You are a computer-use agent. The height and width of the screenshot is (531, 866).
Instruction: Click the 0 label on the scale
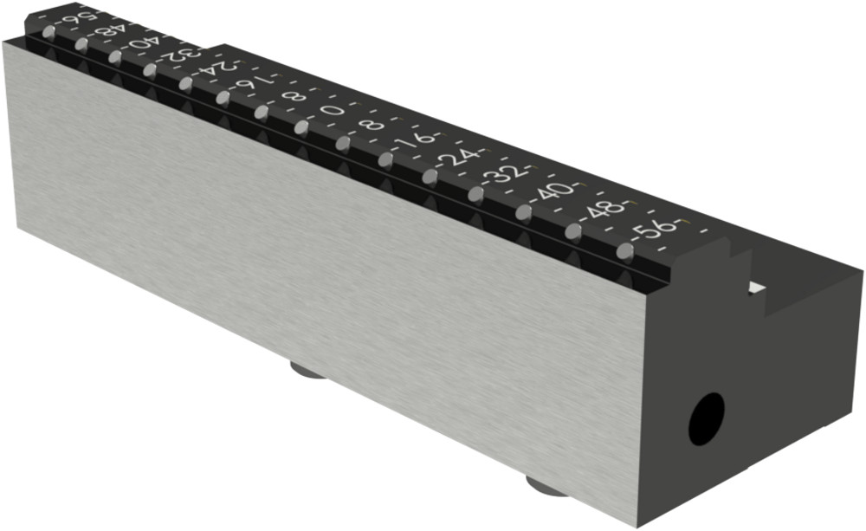click(331, 111)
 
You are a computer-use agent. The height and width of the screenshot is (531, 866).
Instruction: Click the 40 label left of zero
click(143, 43)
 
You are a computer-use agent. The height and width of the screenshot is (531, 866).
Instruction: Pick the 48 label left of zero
click(110, 32)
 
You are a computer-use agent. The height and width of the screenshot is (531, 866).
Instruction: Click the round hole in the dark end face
click(707, 419)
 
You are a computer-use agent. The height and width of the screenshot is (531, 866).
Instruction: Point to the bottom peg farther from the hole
click(307, 372)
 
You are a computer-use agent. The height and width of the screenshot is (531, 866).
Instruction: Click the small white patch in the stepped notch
click(757, 287)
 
